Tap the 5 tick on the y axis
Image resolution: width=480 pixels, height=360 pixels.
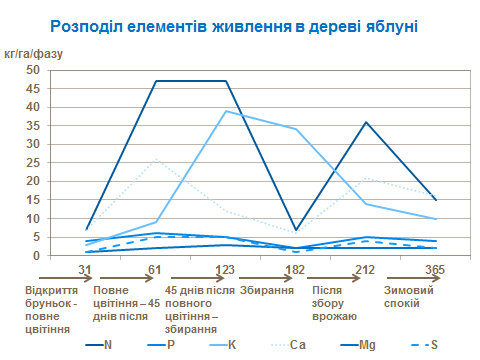click(x=34, y=236)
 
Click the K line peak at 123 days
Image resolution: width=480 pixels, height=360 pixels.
click(x=226, y=111)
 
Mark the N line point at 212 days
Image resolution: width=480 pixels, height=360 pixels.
click(x=364, y=122)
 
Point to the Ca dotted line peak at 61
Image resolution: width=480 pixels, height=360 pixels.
click(x=156, y=159)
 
